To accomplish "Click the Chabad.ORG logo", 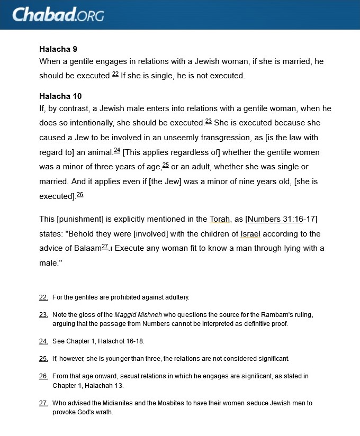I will click(58, 14).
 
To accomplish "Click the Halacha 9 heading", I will click(58, 49).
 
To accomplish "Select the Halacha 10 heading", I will click(60, 96).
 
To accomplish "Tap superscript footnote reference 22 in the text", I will click(115, 74).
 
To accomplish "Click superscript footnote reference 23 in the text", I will click(209, 121).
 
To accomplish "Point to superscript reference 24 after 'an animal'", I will click(117, 150).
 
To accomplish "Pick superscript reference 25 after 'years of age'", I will click(165, 165).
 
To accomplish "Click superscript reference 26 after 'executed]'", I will click(80, 194).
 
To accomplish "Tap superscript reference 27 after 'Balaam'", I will click(105, 246).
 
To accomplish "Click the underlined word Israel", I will click(250, 234).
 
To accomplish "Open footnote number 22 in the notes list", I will click(43, 297).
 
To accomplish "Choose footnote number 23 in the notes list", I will click(43, 315).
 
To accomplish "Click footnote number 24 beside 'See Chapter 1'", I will click(43, 341).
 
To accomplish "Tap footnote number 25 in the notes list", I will click(43, 359).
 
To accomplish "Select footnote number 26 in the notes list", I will click(43, 376).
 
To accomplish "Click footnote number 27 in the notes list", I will click(43, 403).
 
